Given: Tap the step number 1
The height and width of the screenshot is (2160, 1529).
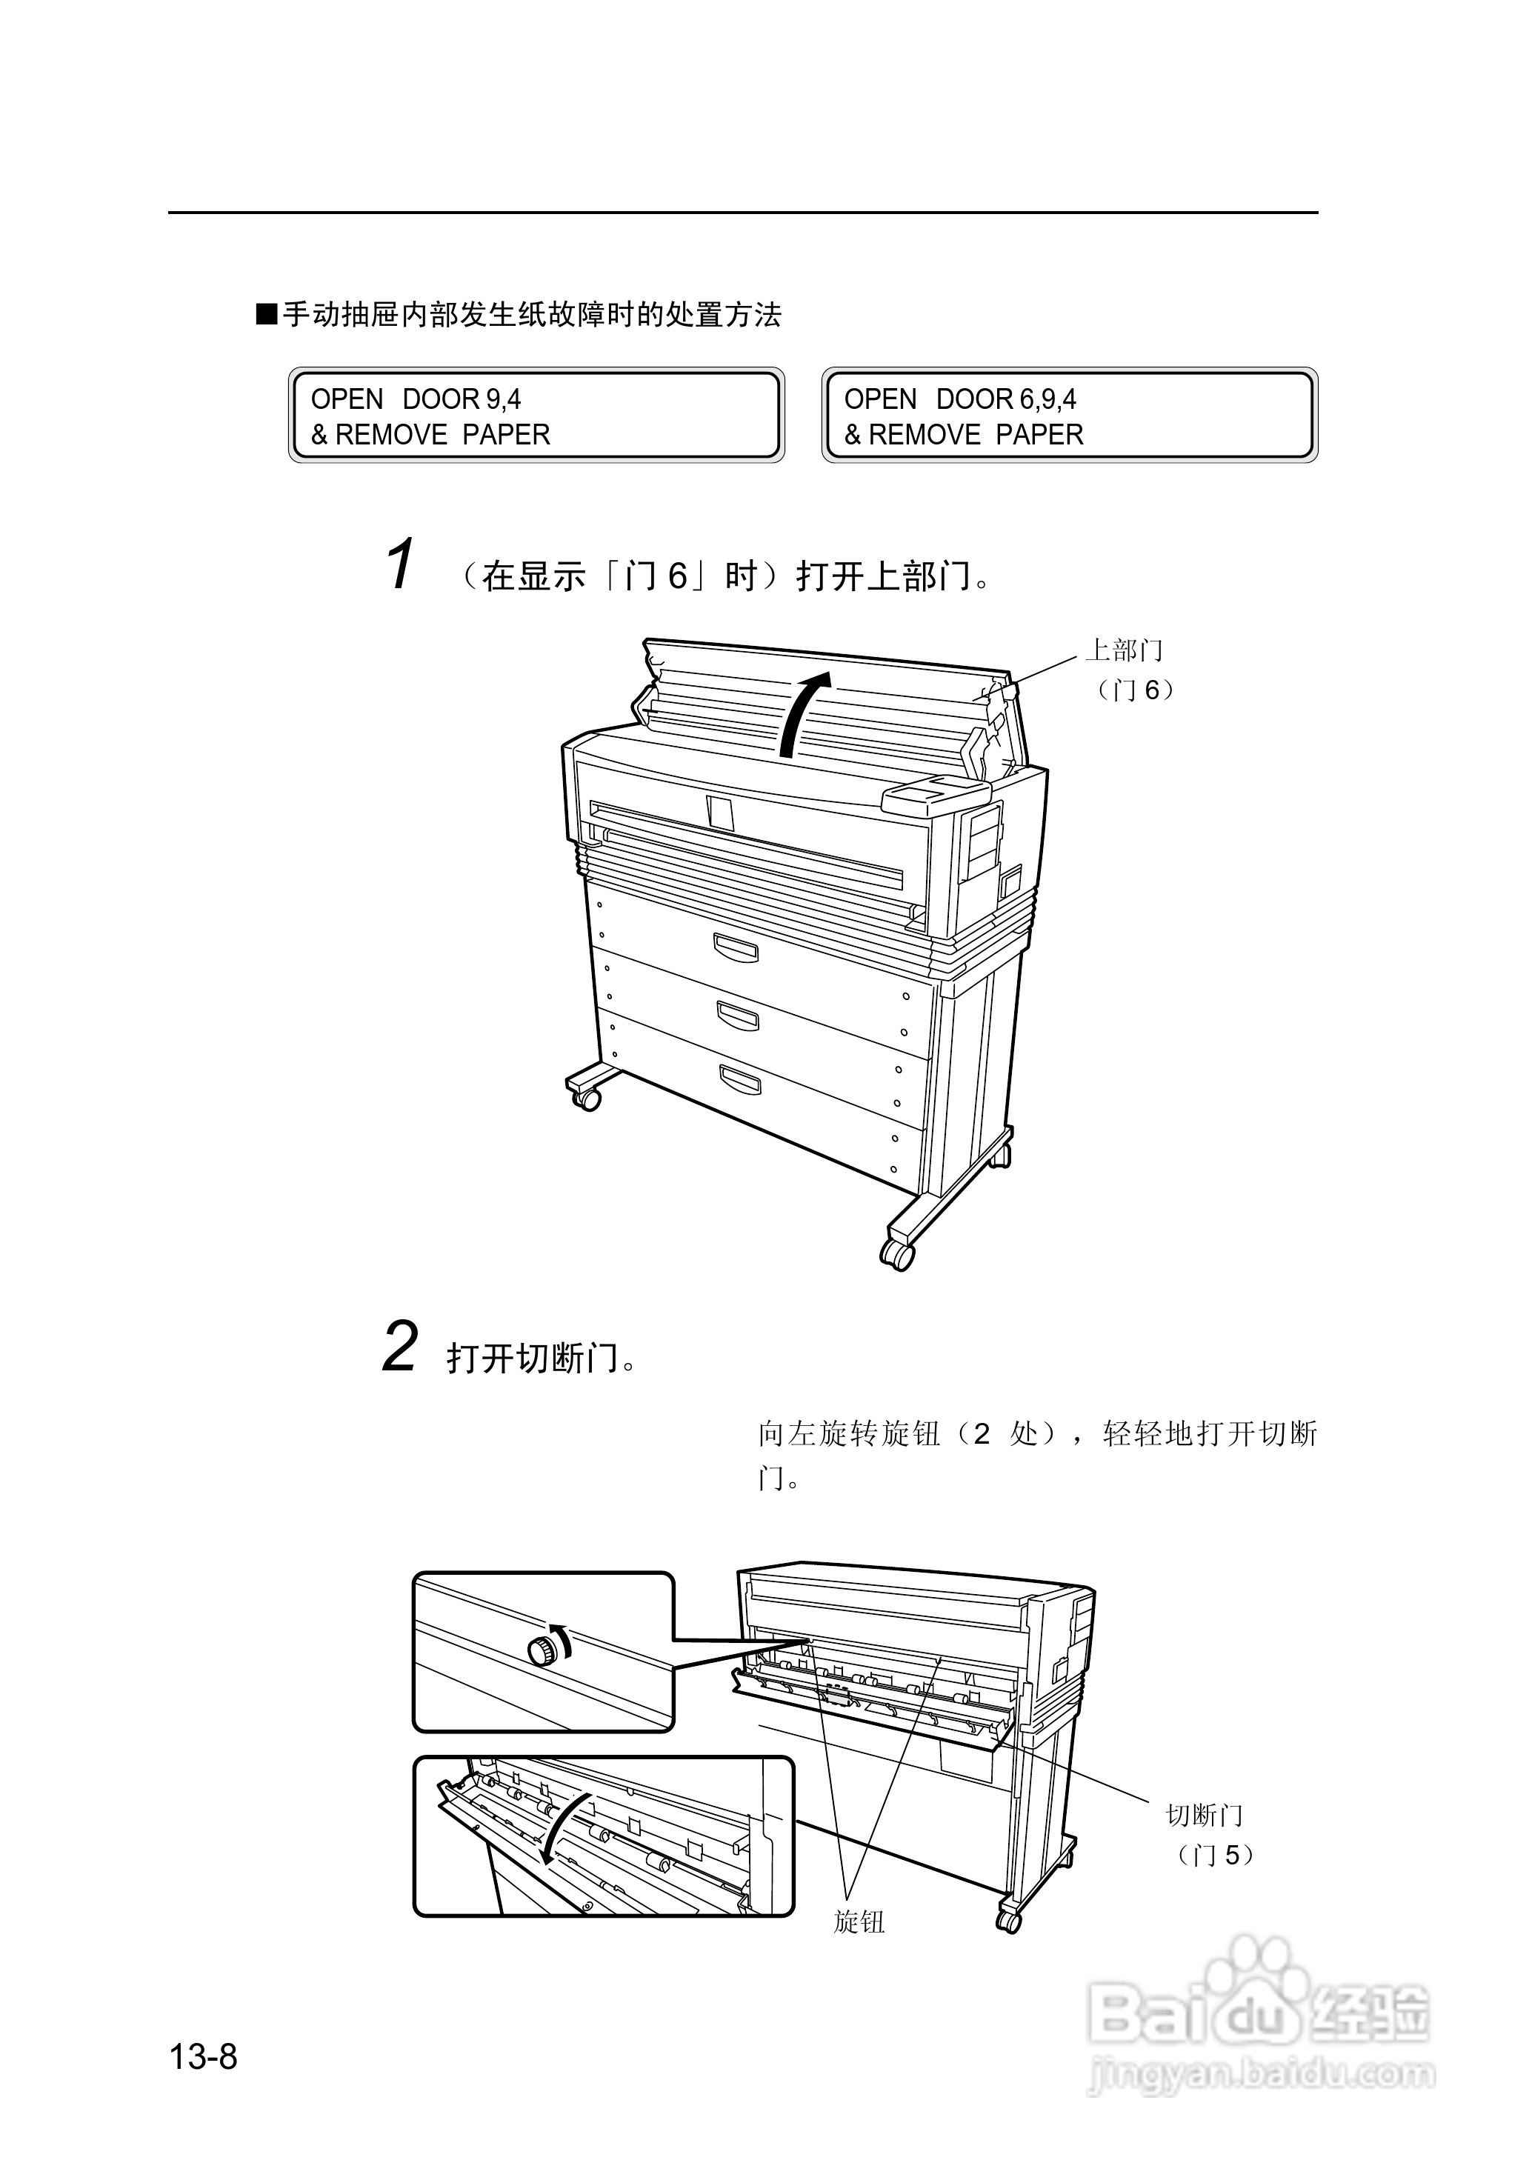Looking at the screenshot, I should point(400,564).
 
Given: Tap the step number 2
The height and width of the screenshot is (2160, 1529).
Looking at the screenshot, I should point(400,1347).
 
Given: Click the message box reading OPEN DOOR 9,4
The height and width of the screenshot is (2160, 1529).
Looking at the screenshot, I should point(536,415).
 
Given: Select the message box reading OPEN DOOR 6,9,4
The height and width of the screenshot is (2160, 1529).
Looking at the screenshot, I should point(1070,415).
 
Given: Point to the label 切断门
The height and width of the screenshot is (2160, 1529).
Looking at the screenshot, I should point(1205,1816).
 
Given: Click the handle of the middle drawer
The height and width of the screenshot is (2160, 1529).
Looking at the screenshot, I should point(738,1016).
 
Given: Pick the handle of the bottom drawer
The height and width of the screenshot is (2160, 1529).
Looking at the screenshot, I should point(740,1079).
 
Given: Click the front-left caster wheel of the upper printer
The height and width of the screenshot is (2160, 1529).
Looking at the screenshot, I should point(587,1099).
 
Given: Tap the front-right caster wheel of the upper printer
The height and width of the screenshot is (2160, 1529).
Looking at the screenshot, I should point(897,1256).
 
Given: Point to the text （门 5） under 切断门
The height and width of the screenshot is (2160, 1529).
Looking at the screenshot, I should point(1215,1855).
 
